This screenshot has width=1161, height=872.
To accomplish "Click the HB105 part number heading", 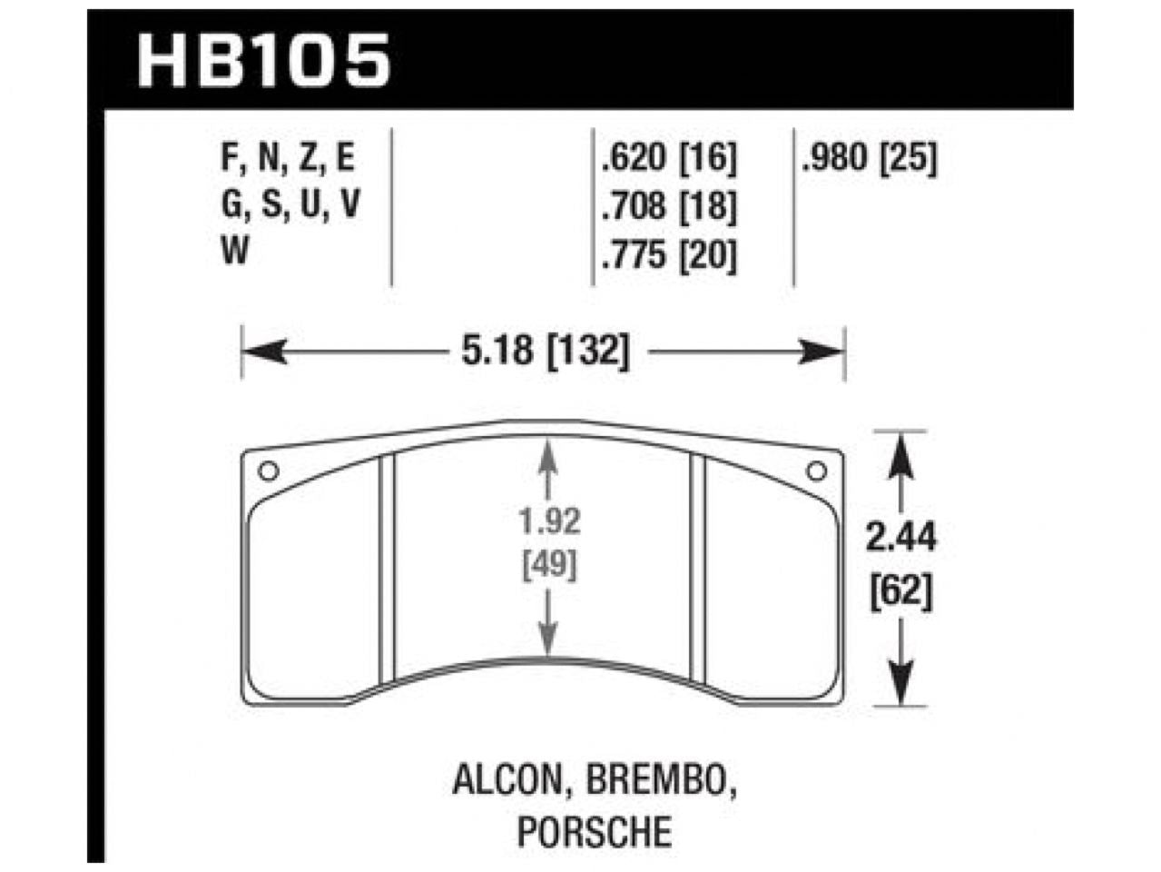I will [x=263, y=62].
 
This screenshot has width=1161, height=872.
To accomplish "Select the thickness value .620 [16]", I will [x=667, y=160].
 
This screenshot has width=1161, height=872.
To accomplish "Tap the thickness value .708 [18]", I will [x=667, y=208].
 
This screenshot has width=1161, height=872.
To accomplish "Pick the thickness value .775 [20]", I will [x=667, y=256].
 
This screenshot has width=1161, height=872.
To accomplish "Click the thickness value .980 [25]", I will [x=869, y=160].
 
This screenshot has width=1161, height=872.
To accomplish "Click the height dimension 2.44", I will [x=900, y=539].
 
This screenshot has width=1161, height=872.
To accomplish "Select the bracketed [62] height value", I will [x=900, y=595].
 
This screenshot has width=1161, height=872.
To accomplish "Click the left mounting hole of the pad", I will [x=268, y=471].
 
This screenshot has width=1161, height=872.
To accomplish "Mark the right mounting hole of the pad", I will [x=816, y=471].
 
